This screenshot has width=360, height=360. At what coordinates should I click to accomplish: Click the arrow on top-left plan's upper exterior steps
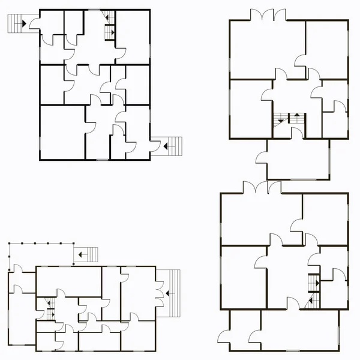coord(23,23)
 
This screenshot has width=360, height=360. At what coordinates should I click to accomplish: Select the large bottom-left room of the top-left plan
coord(62,132)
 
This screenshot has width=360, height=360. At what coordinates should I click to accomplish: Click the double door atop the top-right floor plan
coord(268,14)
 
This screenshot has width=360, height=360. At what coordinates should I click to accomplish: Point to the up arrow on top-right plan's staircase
coord(296,117)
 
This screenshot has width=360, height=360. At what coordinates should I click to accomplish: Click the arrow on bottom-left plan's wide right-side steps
coord(169,293)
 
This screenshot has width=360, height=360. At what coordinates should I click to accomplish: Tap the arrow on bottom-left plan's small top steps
coord(80,254)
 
